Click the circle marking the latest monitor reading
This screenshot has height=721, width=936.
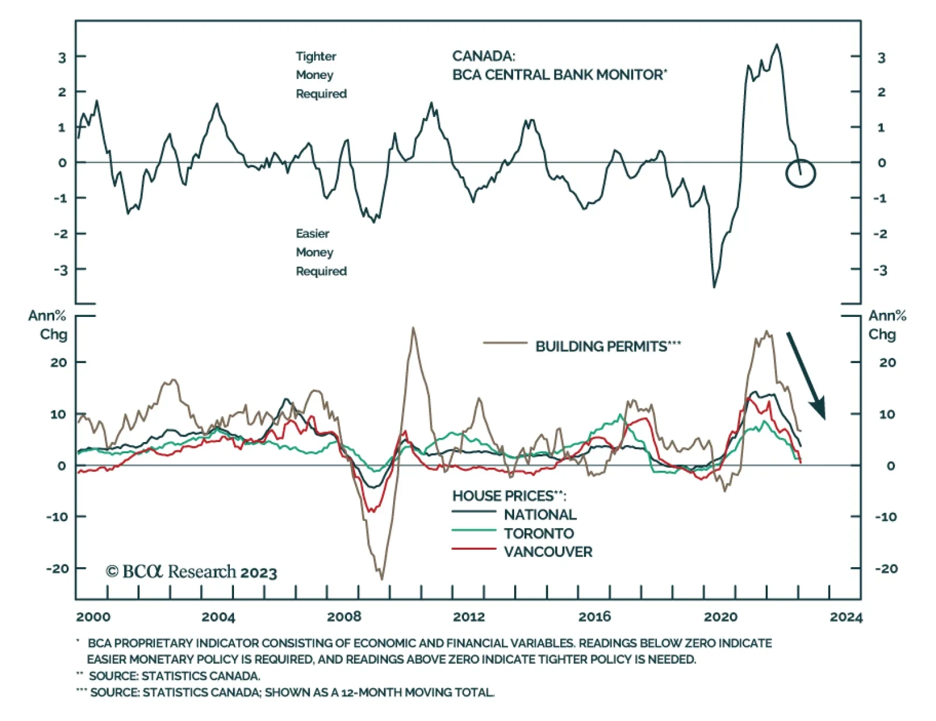[x=800, y=173]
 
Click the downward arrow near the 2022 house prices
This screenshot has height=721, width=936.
[x=806, y=375]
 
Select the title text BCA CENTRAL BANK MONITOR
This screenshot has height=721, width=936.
[x=559, y=75]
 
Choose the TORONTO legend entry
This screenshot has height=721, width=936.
[x=538, y=533]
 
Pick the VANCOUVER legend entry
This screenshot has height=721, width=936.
[x=548, y=552]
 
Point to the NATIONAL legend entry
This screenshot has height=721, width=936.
[x=540, y=515]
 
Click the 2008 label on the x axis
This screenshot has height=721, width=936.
[x=344, y=617]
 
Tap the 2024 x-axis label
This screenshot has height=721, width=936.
[x=845, y=617]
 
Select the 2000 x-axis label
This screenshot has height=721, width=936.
[x=93, y=617]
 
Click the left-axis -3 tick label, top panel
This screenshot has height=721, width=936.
[x=61, y=270]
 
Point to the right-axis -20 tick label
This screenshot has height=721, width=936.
[x=886, y=568]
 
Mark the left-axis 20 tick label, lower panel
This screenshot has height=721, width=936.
[x=58, y=363]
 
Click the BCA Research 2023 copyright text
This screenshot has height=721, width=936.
[x=191, y=571]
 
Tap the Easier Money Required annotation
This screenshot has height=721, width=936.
[x=321, y=252]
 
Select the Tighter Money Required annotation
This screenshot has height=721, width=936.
[x=321, y=75]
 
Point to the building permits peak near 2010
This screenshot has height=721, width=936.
[x=414, y=328]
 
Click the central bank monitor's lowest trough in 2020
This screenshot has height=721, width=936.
[x=714, y=287]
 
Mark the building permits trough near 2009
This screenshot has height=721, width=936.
[x=382, y=579]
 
